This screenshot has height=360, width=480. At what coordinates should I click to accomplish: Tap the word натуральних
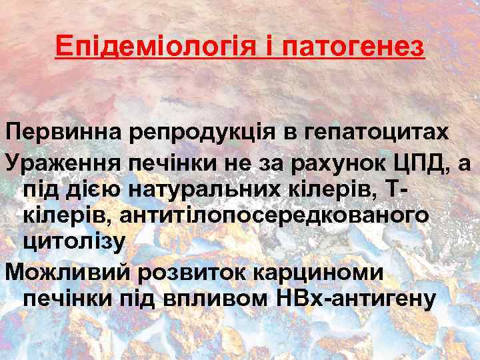point(198,189)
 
